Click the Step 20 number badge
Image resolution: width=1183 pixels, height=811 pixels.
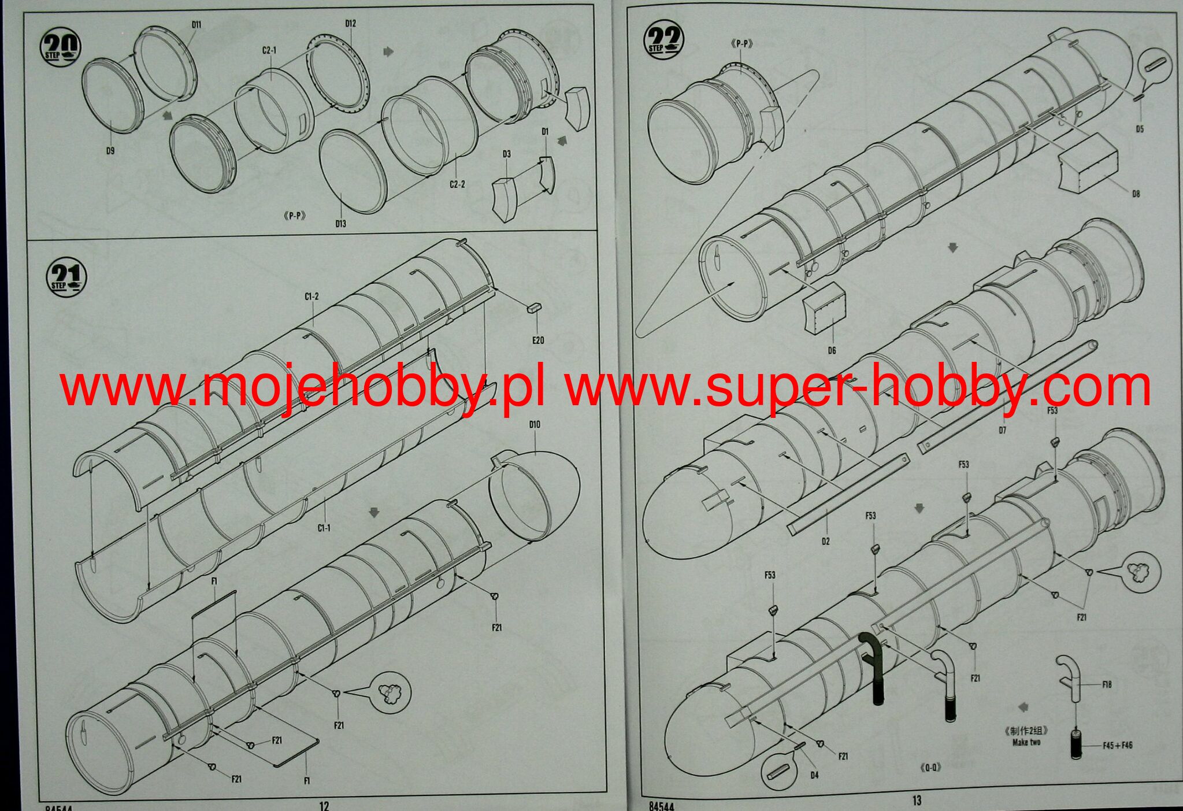point(60,46)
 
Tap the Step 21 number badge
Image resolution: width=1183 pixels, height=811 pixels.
point(66,277)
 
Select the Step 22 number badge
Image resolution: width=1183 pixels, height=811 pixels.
point(663,40)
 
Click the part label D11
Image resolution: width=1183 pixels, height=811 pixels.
point(196,24)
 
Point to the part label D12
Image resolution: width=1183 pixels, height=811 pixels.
point(350,24)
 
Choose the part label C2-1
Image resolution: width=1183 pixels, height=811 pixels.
point(269,50)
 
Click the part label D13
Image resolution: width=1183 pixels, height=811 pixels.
point(340,223)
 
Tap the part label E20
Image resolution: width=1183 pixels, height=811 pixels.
point(538,340)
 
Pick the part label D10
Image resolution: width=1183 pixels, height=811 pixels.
point(535,425)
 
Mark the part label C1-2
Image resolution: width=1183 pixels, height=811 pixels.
point(311,297)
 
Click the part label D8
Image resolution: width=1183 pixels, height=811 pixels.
point(1136,194)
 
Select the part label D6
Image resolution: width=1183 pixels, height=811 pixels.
point(832,350)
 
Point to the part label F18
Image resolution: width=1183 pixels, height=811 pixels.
point(1107,684)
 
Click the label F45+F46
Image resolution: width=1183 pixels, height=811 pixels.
point(1117,746)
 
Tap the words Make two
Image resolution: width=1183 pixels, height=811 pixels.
point(1027,742)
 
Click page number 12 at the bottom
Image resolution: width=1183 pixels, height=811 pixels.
point(324,805)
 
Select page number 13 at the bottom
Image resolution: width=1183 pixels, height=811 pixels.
point(917,801)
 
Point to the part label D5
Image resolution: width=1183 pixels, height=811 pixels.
point(1139,129)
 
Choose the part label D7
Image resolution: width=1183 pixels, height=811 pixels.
point(1002,430)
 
